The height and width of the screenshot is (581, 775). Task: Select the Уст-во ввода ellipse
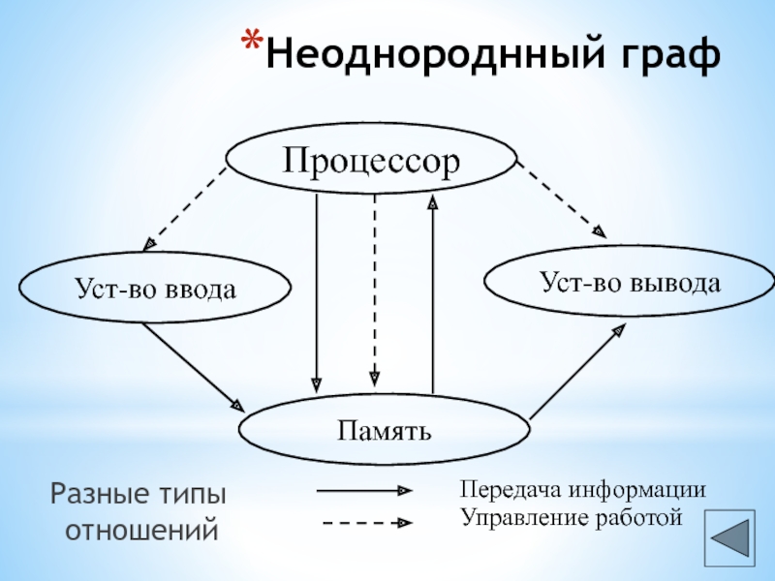155,288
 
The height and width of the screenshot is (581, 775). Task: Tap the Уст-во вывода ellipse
630,283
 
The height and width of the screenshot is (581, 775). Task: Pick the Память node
385,428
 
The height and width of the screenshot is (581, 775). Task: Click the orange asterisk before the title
251,44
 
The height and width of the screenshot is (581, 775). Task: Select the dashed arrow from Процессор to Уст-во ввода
186,208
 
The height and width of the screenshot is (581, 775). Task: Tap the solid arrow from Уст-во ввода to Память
193,366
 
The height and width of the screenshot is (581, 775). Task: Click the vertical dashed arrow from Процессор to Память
375,290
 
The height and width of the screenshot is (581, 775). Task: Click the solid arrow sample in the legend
364,491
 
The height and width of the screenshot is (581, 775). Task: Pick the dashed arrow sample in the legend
364,523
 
